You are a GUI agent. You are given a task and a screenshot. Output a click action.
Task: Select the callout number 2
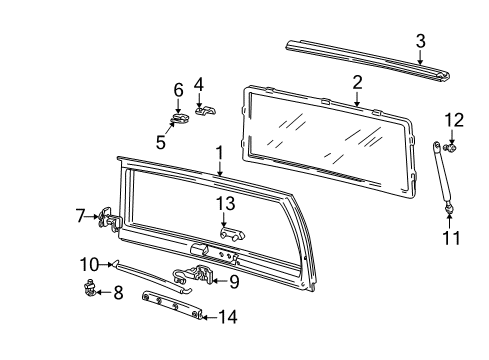[x=357, y=81]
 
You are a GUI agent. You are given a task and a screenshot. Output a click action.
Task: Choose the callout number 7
[x=80, y=215]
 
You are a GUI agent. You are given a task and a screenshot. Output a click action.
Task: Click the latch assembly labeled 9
[x=197, y=276]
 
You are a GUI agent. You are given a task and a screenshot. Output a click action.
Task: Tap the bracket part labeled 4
[x=205, y=109]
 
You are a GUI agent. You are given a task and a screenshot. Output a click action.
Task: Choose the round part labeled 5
[x=180, y=122]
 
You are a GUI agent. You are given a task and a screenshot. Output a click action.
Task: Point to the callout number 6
[x=178, y=90]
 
